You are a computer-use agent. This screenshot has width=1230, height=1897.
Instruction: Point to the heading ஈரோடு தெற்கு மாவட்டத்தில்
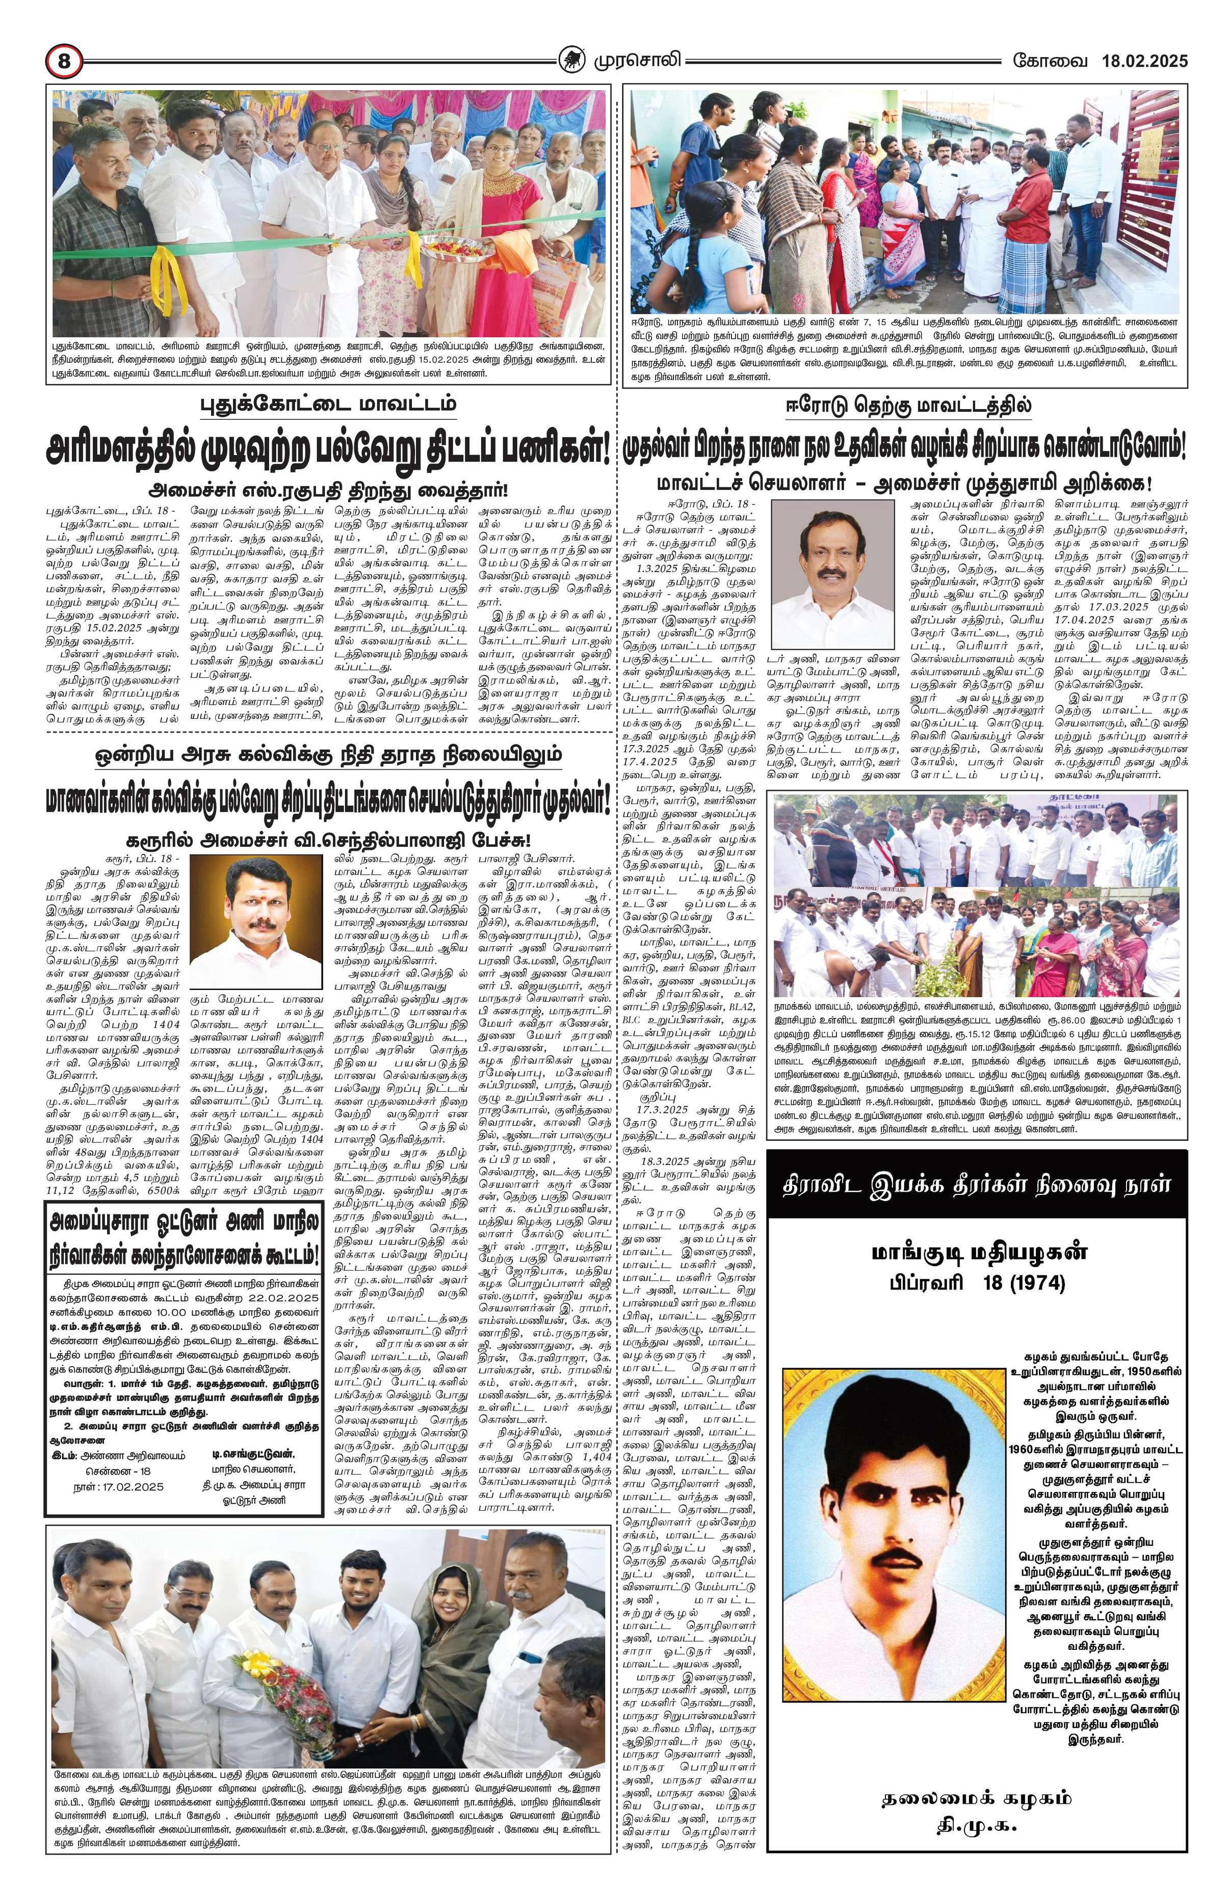[904, 405]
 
